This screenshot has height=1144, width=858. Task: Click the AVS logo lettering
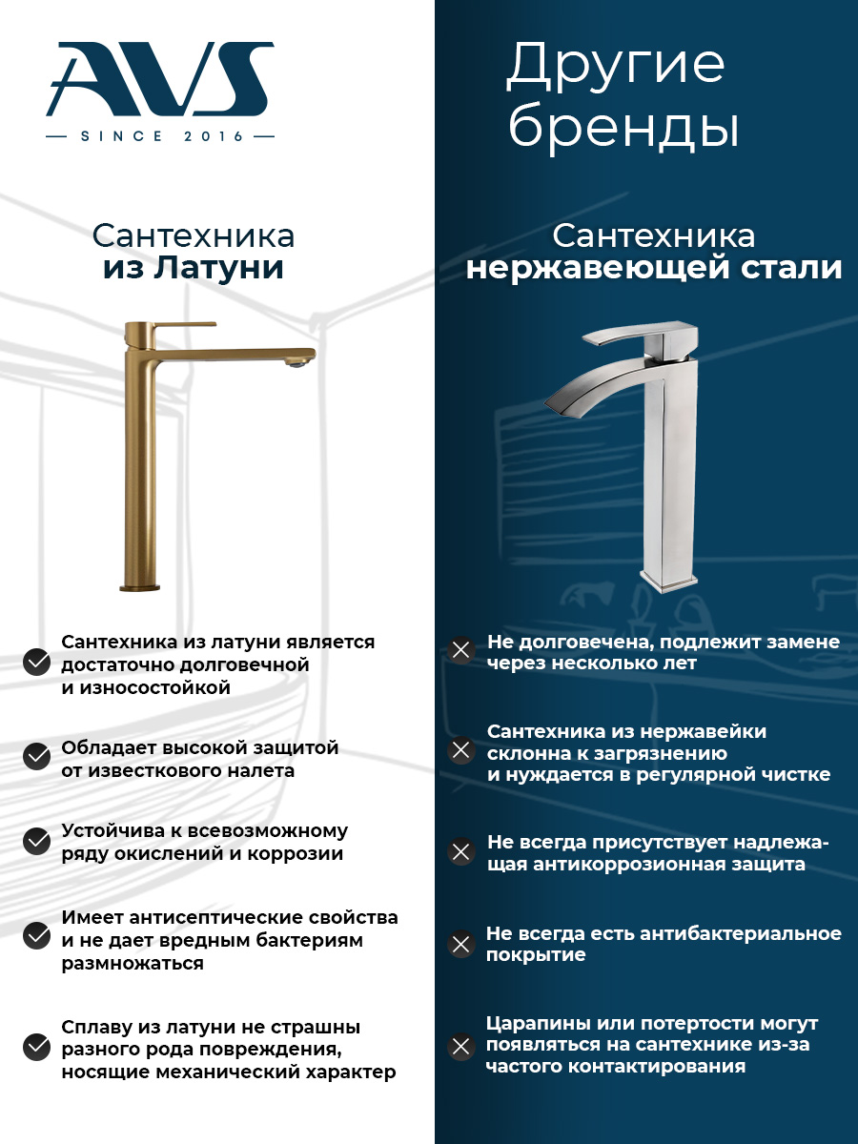(x=160, y=78)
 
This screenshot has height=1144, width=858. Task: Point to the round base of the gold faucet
(x=139, y=587)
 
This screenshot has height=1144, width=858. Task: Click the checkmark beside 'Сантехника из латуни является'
(x=36, y=663)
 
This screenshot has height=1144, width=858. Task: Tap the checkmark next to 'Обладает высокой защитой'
(x=36, y=756)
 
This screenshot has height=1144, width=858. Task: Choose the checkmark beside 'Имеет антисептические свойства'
(x=36, y=935)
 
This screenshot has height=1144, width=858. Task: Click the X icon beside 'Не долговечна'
(x=461, y=650)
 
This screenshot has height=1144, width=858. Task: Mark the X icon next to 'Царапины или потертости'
(x=461, y=1045)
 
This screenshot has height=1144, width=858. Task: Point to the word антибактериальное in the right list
(x=741, y=933)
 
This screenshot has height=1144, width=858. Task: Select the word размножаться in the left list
(x=133, y=963)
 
